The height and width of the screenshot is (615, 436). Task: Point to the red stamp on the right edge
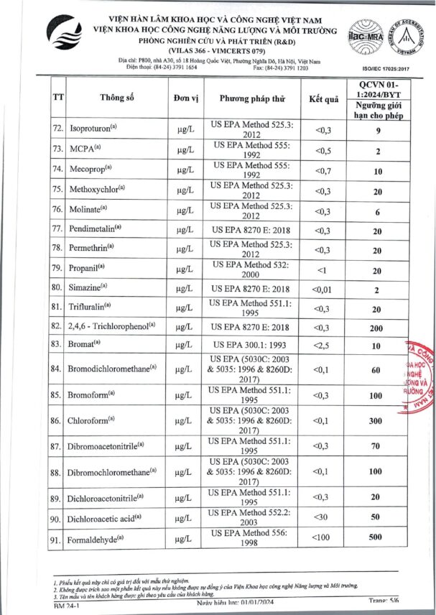click(420, 377)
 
